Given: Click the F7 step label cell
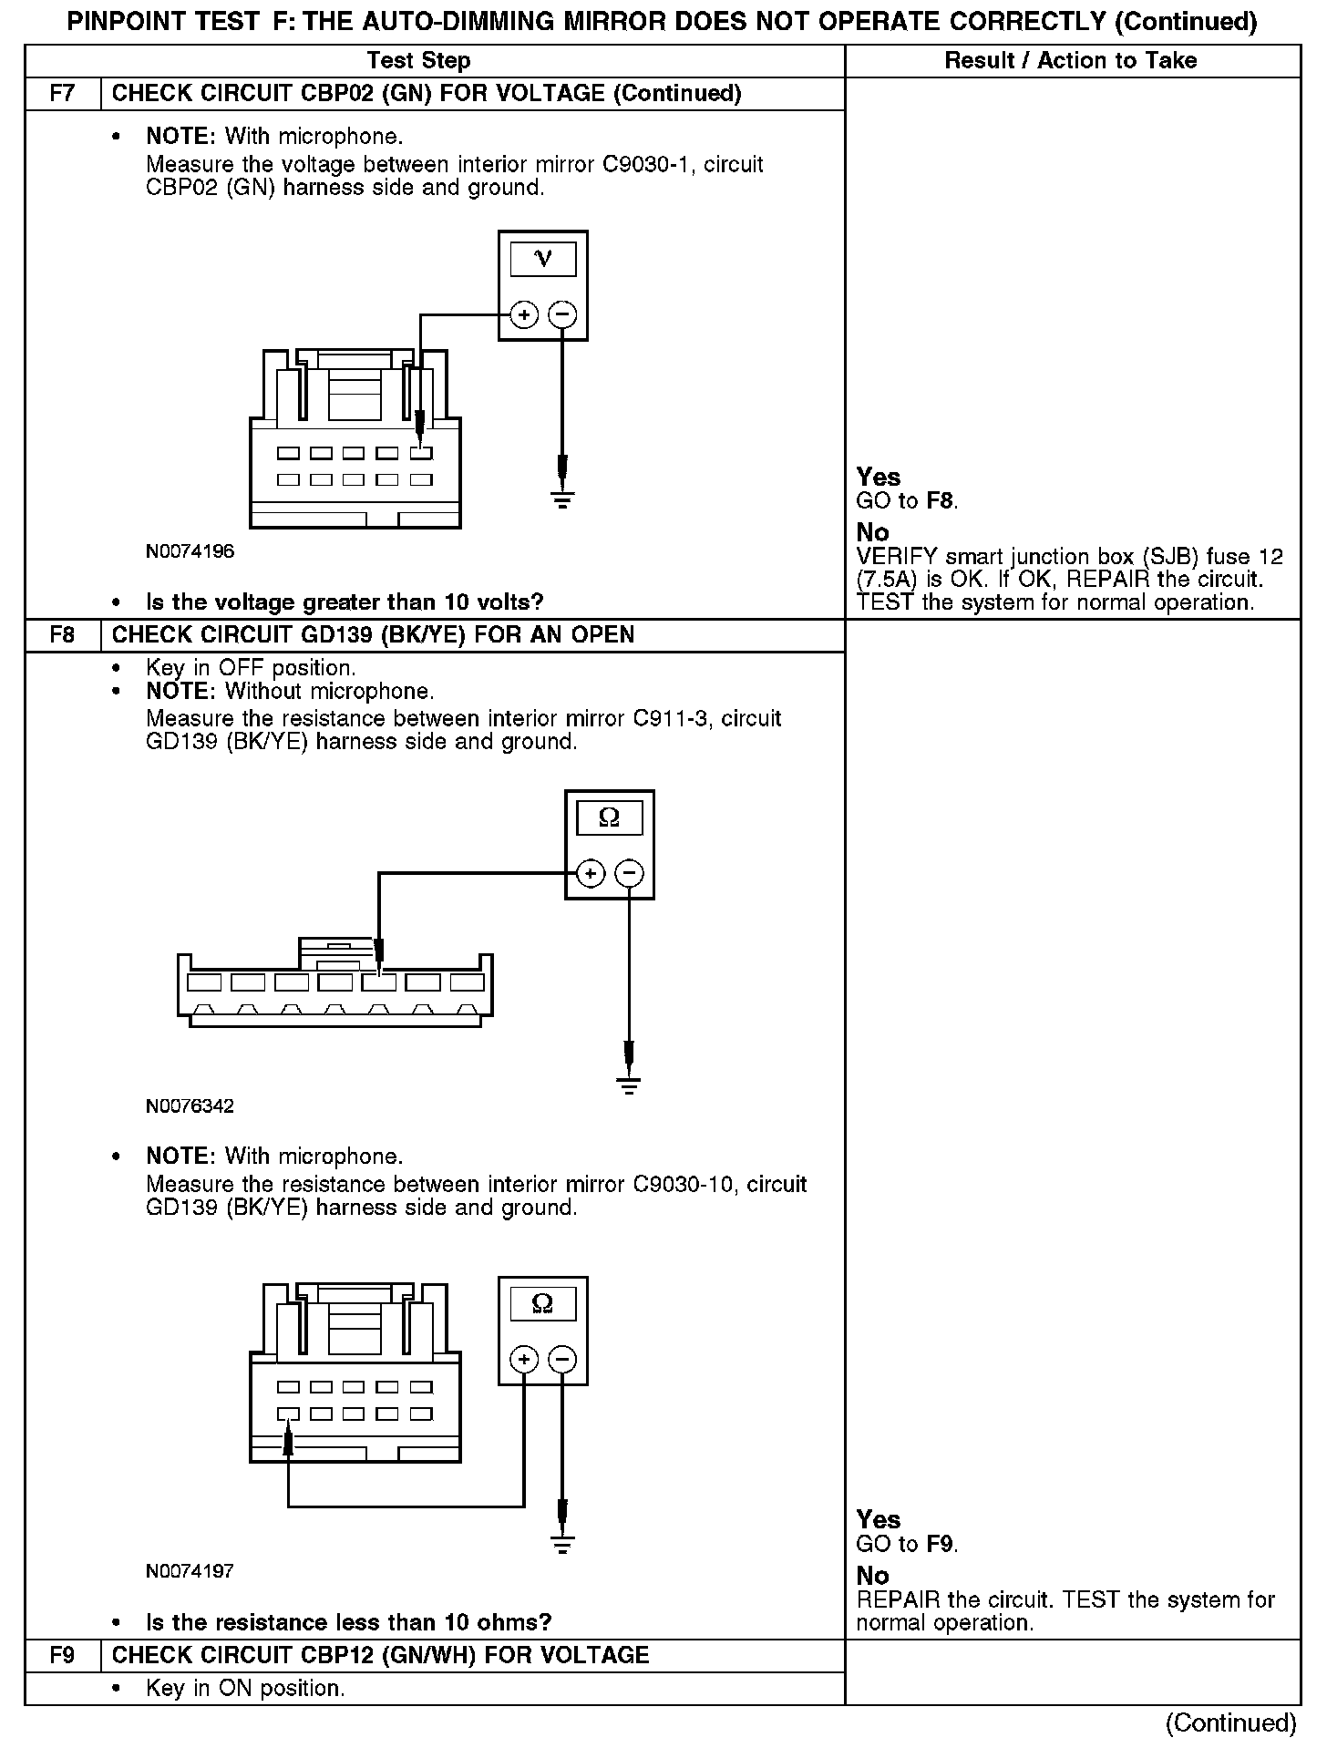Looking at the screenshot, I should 62,94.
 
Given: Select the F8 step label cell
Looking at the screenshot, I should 62,635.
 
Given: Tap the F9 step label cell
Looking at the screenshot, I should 62,1656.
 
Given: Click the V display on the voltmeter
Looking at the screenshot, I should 543,260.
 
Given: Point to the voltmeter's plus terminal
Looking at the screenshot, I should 523,315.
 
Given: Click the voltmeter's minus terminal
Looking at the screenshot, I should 563,315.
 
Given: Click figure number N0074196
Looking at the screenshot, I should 190,551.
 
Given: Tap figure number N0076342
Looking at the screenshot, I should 190,1106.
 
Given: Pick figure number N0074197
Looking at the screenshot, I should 190,1571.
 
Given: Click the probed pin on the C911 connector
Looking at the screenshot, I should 379,982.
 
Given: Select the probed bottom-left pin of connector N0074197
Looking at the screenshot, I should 289,1414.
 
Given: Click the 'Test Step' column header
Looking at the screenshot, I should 418,61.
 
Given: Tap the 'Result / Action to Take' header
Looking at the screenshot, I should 1071,61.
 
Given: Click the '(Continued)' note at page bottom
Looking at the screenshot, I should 1229,1722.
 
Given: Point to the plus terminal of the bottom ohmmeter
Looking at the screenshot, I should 523,1360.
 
